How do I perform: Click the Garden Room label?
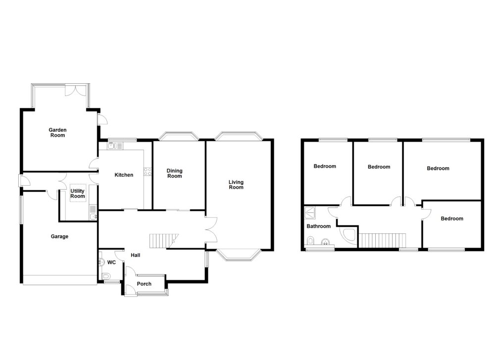pyautogui.click(x=57, y=132)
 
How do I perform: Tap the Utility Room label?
pyautogui.click(x=78, y=194)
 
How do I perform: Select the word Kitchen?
pyautogui.click(x=124, y=175)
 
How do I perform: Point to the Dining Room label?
pyautogui.click(x=174, y=173)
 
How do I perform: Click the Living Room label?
pyautogui.click(x=236, y=185)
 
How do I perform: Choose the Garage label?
pyautogui.click(x=59, y=236)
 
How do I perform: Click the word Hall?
pyautogui.click(x=135, y=255)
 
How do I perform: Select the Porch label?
pyautogui.click(x=144, y=284)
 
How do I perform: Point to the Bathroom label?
pyautogui.click(x=318, y=226)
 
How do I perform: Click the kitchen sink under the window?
pyautogui.click(x=111, y=146)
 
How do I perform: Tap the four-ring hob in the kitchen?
pyautogui.click(x=148, y=172)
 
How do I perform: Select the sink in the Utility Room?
pyautogui.click(x=93, y=215)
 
